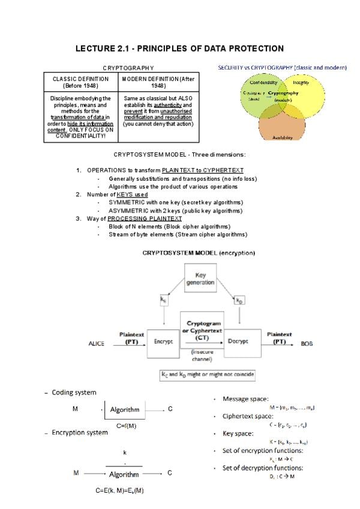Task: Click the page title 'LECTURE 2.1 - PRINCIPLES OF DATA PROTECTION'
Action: [179, 48]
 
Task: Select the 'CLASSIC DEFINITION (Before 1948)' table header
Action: [80, 82]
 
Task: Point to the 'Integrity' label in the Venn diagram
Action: [301, 82]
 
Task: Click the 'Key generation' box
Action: [200, 279]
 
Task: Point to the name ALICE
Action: [97, 344]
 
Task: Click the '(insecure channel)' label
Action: [202, 355]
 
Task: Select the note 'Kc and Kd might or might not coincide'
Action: [206, 375]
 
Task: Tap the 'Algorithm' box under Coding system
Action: [124, 409]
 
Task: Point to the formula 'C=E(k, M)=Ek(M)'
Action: [119, 490]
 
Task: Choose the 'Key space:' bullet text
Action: [238, 433]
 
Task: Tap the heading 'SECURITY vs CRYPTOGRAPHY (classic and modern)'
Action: [282, 68]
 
